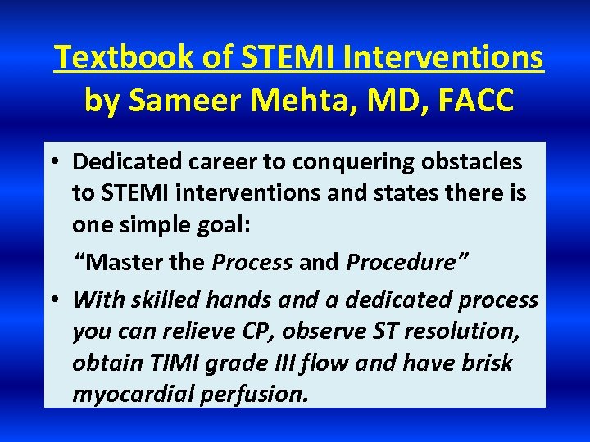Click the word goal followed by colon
pos(225,226)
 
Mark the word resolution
pos(468,331)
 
